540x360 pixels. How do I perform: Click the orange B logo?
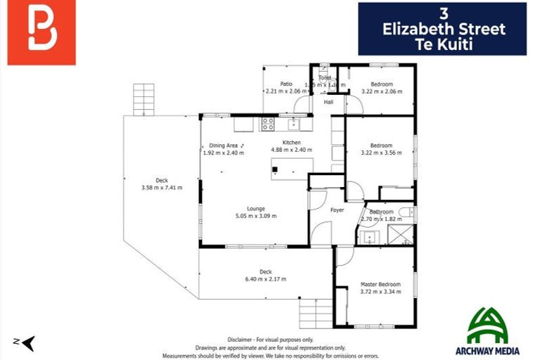tap(41, 33)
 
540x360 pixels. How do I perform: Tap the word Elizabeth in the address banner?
tap(444, 30)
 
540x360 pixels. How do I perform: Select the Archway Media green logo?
tap(493, 328)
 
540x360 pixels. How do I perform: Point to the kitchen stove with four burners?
tap(268, 124)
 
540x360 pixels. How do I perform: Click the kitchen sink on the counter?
tap(295, 124)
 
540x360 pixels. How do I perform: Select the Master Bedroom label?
tap(380, 283)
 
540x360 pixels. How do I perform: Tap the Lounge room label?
tap(255, 208)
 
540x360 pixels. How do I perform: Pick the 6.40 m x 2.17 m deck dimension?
tap(265, 279)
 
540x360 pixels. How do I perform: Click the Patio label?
tap(285, 84)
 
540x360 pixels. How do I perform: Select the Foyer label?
tap(337, 210)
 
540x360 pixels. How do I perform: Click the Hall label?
tap(328, 103)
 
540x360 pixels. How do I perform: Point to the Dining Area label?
tap(224, 146)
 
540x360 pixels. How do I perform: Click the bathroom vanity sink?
tap(371, 236)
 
